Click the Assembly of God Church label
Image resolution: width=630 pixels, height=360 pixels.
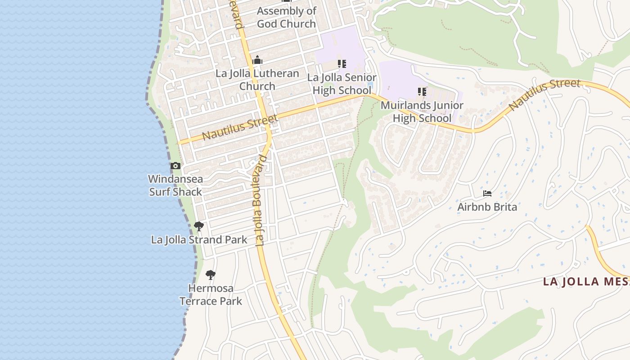(287, 18)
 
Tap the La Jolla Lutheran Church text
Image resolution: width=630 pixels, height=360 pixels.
(257, 80)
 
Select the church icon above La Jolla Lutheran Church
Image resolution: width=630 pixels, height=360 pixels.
(257, 60)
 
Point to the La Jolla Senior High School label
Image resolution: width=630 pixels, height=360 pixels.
(342, 84)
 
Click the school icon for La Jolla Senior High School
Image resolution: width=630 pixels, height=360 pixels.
(342, 64)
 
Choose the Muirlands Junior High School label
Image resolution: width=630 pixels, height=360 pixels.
(422, 112)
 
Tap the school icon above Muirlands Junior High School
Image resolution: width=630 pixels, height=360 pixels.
(422, 92)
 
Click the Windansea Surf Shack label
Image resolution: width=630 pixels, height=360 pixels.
(175, 185)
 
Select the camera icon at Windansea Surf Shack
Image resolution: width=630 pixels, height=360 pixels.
(175, 166)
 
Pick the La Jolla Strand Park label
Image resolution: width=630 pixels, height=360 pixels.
(199, 240)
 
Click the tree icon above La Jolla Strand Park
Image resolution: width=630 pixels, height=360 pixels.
(198, 226)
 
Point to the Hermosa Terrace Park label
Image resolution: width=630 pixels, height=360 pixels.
(211, 295)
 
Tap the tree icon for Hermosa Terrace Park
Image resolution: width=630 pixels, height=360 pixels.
(210, 274)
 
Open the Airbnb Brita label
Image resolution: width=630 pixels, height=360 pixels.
(487, 207)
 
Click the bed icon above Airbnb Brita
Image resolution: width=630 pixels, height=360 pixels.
(487, 193)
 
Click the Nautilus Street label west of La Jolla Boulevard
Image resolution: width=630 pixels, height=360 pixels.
(239, 127)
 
